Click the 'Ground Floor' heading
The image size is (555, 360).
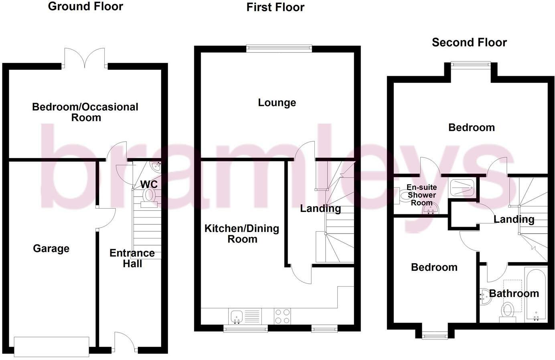pyautogui.click(x=85, y=6)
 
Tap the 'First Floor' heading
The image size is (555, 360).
pyautogui.click(x=275, y=8)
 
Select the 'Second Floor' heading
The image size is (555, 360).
pyautogui.click(x=469, y=43)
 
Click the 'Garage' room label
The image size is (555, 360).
pyautogui.click(x=51, y=248)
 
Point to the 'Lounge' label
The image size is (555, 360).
pyautogui.click(x=277, y=103)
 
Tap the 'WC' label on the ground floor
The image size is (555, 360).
pyautogui.click(x=149, y=184)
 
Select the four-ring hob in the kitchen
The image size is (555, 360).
pyautogui.click(x=282, y=316)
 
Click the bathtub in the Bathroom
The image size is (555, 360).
pyautogui.click(x=536, y=295)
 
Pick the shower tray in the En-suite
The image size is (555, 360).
pyautogui.click(x=462, y=188)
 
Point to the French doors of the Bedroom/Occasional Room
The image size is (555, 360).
pyautogui.click(x=85, y=58)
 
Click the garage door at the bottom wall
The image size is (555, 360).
pyautogui.click(x=52, y=347)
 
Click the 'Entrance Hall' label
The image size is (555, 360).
pyautogui.click(x=132, y=258)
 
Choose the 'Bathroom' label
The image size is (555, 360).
pyautogui.click(x=514, y=293)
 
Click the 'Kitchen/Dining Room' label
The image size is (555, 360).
pyautogui.click(x=242, y=234)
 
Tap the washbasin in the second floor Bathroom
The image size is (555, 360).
pyautogui.click(x=485, y=297)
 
